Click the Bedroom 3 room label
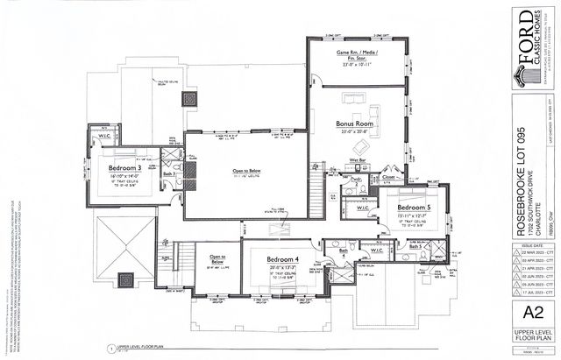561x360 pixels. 124,166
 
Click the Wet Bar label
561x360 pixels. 359,162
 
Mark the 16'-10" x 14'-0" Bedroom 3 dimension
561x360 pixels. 124,176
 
